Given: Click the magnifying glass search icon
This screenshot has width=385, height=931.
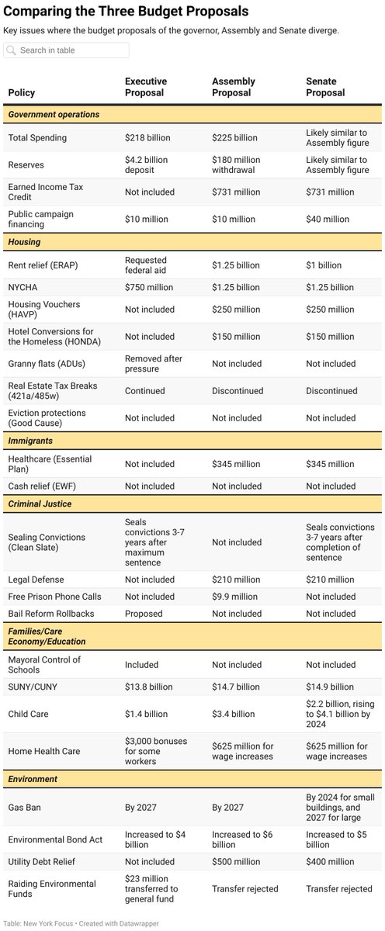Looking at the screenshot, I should pos(12,50).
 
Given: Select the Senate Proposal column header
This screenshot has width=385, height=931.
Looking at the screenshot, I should pos(325,87).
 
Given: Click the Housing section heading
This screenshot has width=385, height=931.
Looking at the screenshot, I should pos(24,242).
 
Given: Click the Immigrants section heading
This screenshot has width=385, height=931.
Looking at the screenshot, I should pos(31,439).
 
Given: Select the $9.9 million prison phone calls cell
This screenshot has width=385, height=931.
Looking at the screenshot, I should pos(234,597).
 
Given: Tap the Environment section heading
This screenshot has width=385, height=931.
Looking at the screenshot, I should pos(35,778).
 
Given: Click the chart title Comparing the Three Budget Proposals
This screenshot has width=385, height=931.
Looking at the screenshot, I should pos(127,12).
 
